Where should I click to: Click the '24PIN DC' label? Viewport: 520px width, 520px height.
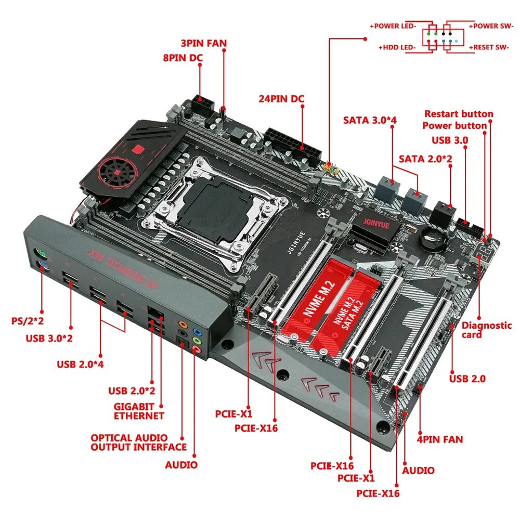(x=281, y=99)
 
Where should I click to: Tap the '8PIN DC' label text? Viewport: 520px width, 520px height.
(x=183, y=58)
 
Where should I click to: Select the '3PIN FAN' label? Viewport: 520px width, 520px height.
(x=203, y=43)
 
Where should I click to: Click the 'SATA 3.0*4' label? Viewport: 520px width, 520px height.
(x=370, y=120)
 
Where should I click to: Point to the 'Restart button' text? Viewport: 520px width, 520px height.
(x=459, y=114)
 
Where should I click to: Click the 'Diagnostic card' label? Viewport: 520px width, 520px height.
(x=486, y=330)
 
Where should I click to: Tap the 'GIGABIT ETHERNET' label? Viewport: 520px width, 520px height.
(x=139, y=411)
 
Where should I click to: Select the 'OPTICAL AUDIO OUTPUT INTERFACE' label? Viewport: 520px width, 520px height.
(x=138, y=443)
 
